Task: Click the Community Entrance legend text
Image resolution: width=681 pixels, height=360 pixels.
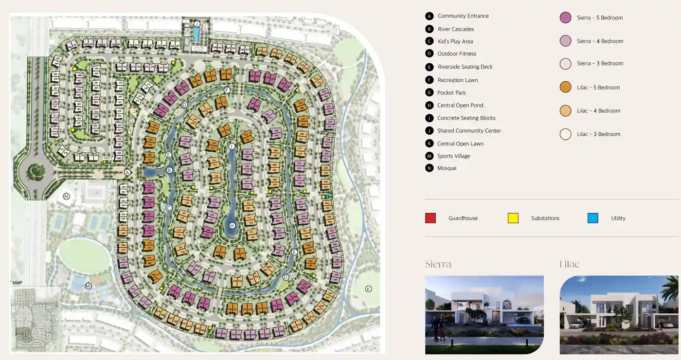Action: click(x=463, y=16)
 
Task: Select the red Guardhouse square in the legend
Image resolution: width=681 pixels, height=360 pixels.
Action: click(x=430, y=218)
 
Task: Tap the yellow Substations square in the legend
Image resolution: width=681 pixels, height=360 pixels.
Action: click(x=513, y=218)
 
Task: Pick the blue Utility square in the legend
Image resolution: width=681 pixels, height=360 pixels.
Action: click(x=592, y=218)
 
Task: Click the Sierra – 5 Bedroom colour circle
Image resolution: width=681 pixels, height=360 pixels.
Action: click(x=565, y=18)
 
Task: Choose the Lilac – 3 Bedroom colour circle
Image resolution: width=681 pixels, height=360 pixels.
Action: click(x=565, y=134)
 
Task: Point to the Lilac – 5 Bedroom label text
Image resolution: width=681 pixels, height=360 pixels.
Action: click(x=598, y=88)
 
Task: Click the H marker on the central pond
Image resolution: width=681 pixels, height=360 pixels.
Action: click(x=232, y=226)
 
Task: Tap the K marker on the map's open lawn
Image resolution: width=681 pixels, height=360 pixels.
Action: click(x=368, y=289)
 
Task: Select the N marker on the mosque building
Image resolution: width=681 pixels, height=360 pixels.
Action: click(x=67, y=197)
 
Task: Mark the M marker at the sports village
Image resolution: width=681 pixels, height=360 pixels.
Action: click(x=88, y=286)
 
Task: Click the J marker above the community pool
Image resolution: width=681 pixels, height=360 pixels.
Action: click(x=197, y=23)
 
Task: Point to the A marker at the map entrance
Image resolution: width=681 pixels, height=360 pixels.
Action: click(x=127, y=172)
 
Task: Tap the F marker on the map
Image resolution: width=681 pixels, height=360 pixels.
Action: click(x=227, y=90)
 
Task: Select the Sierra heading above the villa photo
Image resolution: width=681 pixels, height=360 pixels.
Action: click(x=438, y=264)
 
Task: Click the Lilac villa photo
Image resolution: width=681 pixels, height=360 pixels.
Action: click(x=619, y=315)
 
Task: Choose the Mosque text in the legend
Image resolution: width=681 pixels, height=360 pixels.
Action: click(x=447, y=168)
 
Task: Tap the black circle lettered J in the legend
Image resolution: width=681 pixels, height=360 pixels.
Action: click(x=429, y=131)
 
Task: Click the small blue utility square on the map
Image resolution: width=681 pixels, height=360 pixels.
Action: click(x=327, y=197)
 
